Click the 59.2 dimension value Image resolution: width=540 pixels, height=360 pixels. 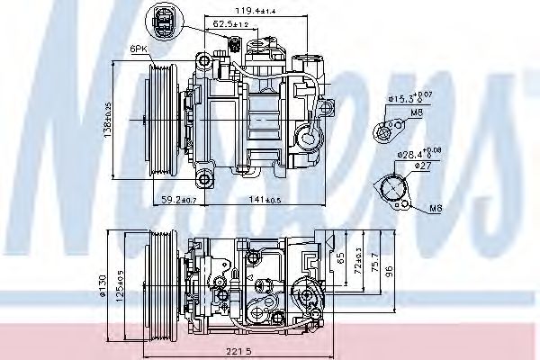coord(173,200)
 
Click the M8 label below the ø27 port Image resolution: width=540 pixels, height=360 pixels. coord(434,208)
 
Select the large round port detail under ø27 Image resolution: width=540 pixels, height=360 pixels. coord(397,190)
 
